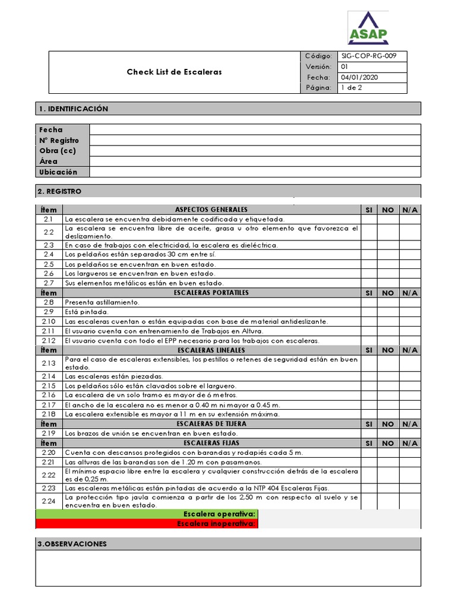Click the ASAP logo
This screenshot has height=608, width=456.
tap(368, 28)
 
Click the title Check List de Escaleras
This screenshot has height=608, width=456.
tap(174, 72)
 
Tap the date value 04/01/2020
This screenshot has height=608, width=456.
tap(360, 77)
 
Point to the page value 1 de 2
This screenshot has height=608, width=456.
tap(351, 88)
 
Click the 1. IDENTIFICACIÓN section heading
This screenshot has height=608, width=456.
tap(74, 109)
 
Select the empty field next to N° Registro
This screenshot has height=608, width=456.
tap(255, 140)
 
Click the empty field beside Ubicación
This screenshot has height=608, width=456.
tap(255, 172)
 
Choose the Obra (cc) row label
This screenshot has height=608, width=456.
tap(57, 151)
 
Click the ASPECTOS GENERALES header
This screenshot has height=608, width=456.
tap(211, 210)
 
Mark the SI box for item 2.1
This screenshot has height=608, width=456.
tap(369, 219)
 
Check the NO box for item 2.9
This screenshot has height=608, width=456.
tap(388, 312)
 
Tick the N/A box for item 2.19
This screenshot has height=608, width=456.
tap(409, 433)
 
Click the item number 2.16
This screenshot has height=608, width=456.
tap(49, 395)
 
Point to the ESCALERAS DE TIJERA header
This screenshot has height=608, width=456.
tap(211, 424)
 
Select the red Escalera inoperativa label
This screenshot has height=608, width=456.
tap(217, 524)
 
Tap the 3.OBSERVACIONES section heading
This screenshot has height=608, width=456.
tap(72, 544)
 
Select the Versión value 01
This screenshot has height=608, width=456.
tap(344, 66)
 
